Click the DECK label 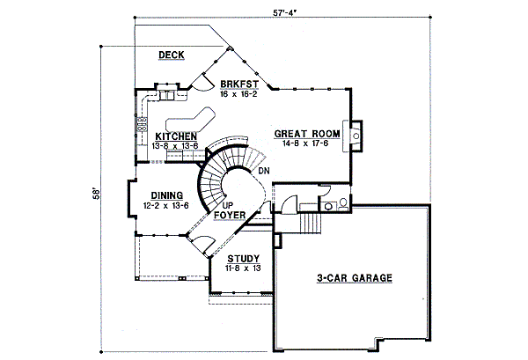(x=171, y=55)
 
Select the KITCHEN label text (x=176, y=136)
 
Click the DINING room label (x=166, y=195)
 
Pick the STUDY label (x=243, y=258)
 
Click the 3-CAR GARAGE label (x=354, y=278)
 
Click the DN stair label (x=264, y=170)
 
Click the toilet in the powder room (x=340, y=203)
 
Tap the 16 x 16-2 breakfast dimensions (x=239, y=92)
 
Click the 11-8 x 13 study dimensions (x=243, y=268)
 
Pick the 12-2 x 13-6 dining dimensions (x=166, y=205)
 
